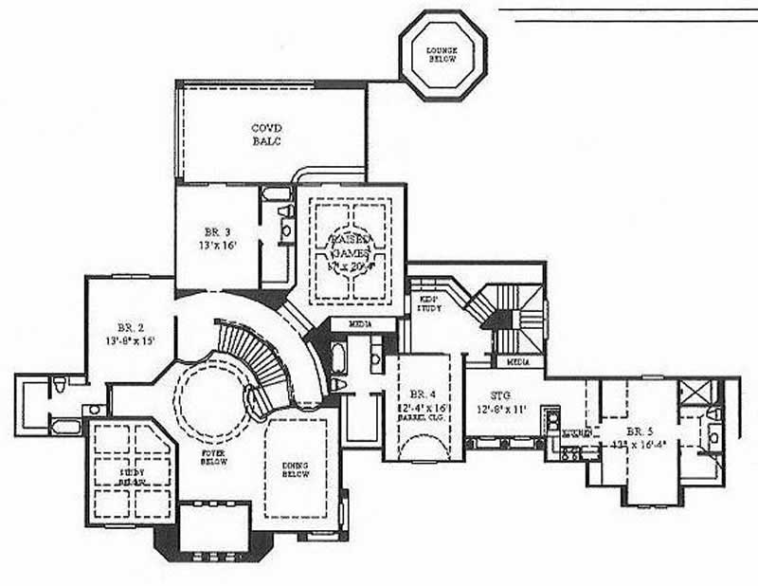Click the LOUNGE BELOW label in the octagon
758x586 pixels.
point(442,54)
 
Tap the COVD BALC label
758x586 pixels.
point(266,135)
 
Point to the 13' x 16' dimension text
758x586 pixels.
point(217,246)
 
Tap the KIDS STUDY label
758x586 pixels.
point(429,303)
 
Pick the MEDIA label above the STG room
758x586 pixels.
point(518,362)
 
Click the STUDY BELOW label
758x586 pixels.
point(132,474)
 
